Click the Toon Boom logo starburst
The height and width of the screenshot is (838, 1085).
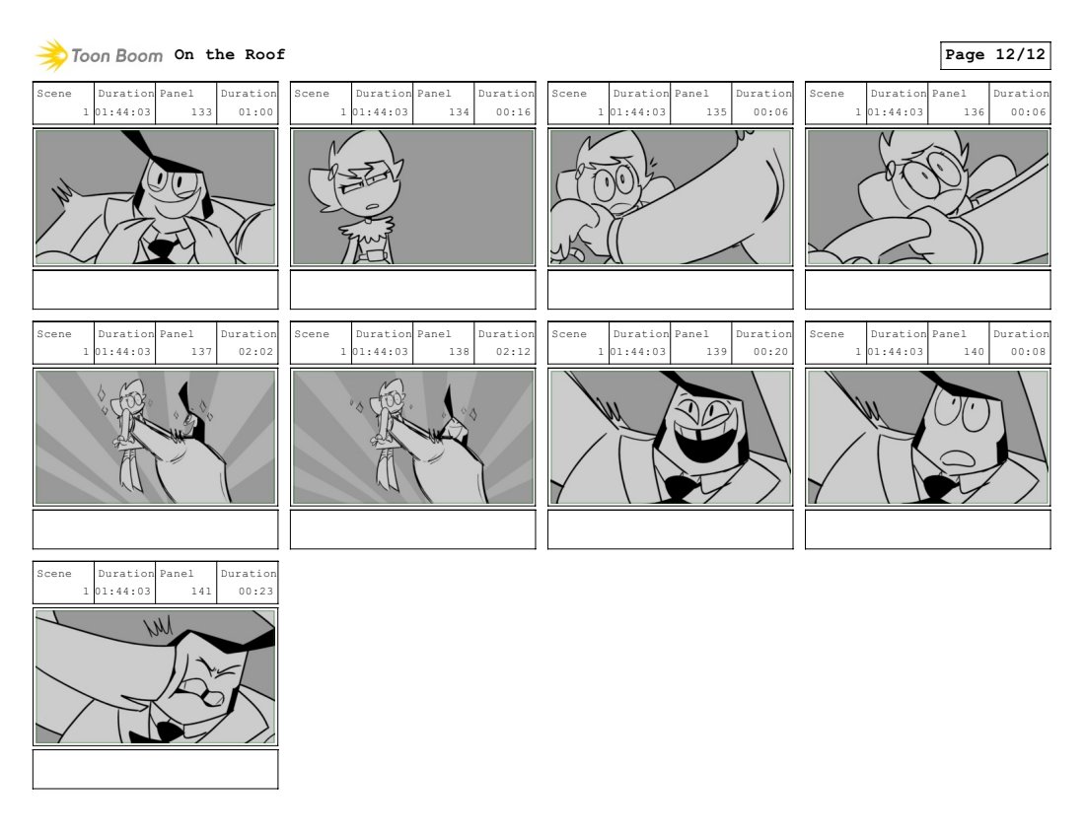pyautogui.click(x=51, y=55)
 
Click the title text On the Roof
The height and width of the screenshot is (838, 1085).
pyautogui.click(x=230, y=54)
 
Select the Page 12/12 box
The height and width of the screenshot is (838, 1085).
pyautogui.click(x=995, y=55)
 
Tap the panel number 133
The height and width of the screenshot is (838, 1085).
pyautogui.click(x=201, y=112)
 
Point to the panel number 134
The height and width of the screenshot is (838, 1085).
pyautogui.click(x=459, y=112)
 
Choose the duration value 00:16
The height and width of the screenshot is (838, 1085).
pyautogui.click(x=514, y=112)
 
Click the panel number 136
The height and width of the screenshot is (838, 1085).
pyautogui.click(x=974, y=112)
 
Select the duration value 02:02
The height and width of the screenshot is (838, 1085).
pyautogui.click(x=256, y=352)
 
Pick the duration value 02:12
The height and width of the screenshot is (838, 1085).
pyautogui.click(x=514, y=352)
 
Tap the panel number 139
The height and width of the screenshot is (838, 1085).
pyautogui.click(x=716, y=352)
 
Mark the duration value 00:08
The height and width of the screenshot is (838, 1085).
pyautogui.click(x=1028, y=352)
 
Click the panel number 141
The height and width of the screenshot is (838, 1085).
pyautogui.click(x=201, y=592)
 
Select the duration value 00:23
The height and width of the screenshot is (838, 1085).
pyautogui.click(x=256, y=592)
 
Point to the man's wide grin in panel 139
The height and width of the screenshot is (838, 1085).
pyautogui.click(x=701, y=441)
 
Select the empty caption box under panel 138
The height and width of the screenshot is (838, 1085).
pyautogui.click(x=413, y=529)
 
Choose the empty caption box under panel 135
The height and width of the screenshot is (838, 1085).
pyautogui.click(x=671, y=290)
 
